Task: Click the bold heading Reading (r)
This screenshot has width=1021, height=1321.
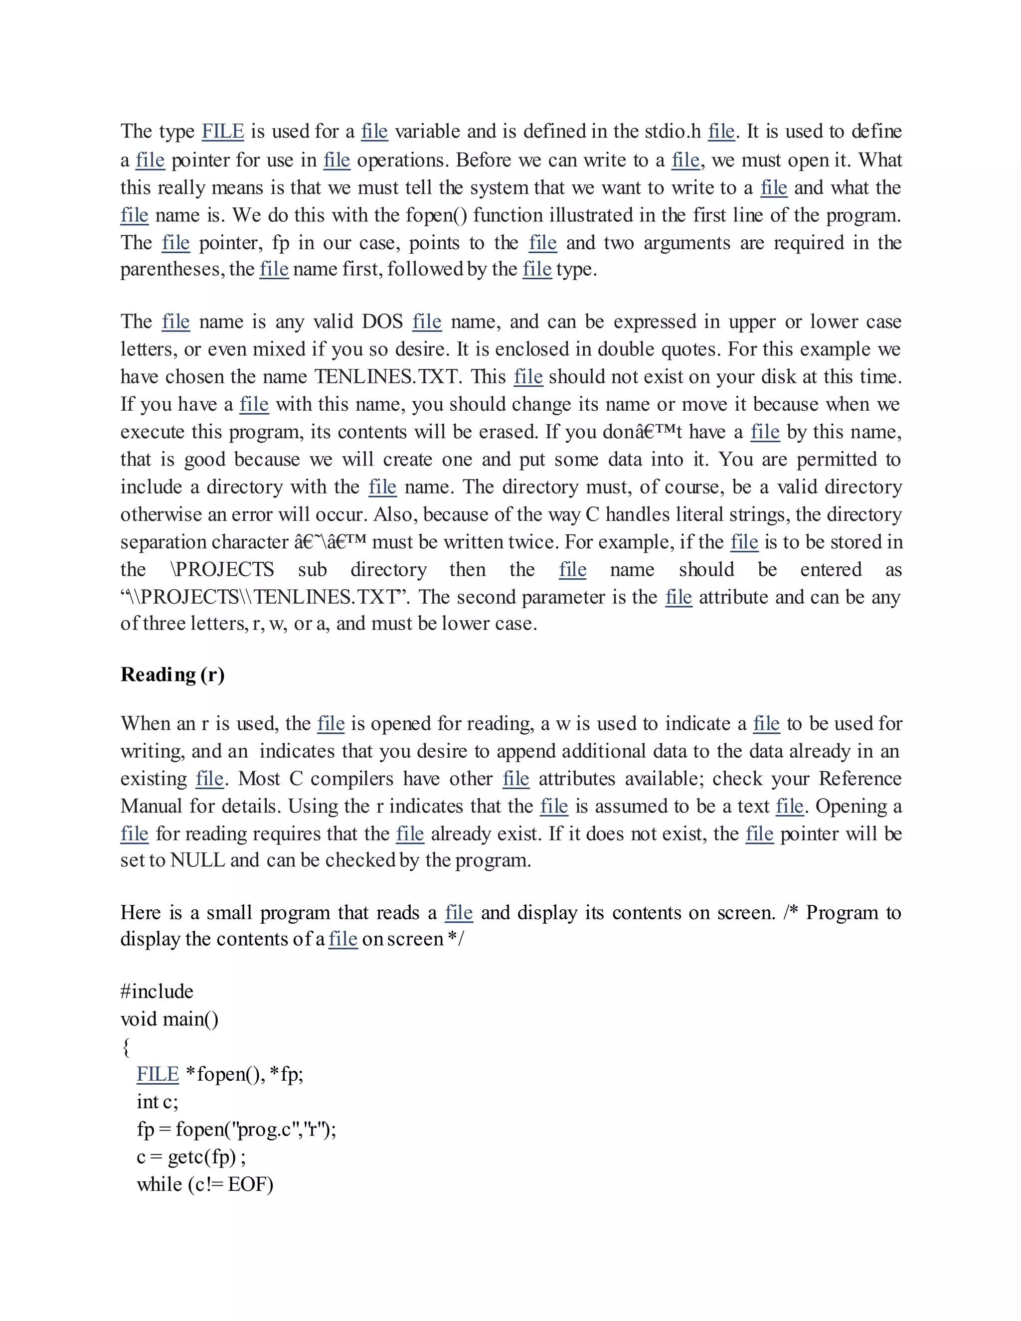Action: coord(172,674)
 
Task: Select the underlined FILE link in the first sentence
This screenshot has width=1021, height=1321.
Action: coord(222,131)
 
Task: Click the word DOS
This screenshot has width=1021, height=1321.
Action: coord(382,322)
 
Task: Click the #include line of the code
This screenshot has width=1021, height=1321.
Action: coord(157,991)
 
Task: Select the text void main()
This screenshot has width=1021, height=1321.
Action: coord(170,1019)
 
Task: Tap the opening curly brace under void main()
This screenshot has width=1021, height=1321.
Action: coord(126,1047)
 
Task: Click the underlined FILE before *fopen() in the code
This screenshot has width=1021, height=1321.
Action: coord(158,1074)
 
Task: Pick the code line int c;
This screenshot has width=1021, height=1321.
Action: coord(157,1102)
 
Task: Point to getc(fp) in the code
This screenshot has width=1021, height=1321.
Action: coord(202,1157)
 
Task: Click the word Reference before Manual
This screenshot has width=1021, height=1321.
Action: coord(860,779)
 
